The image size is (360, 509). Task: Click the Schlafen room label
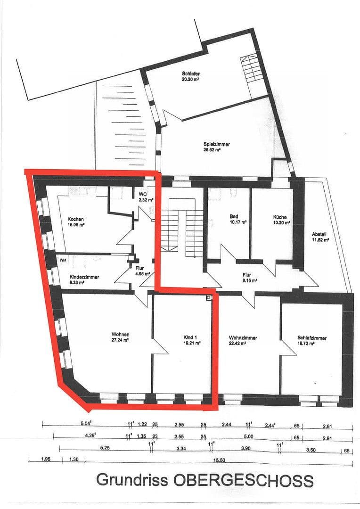coord(191,74)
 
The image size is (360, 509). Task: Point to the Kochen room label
coord(75,219)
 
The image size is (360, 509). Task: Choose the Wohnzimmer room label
coord(243,338)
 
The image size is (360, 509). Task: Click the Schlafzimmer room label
coord(312,338)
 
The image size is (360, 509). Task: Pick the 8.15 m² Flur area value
coord(247,280)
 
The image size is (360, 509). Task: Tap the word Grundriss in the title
coord(131,480)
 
